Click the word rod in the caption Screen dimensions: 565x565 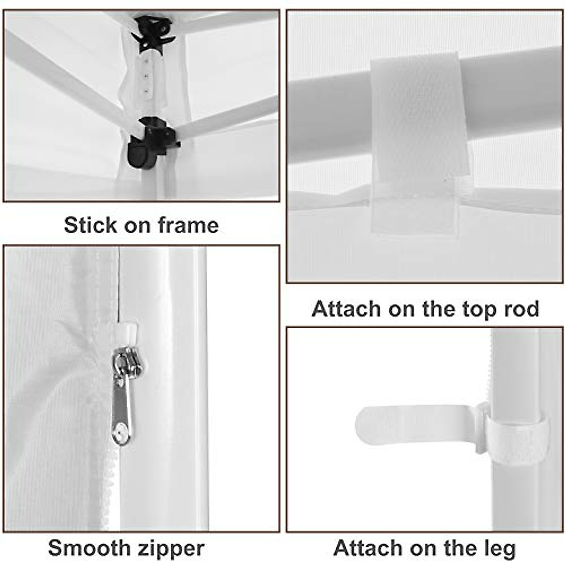(521, 309)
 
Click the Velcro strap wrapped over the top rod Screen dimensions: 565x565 (419, 141)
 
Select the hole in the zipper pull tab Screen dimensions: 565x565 (121, 429)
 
